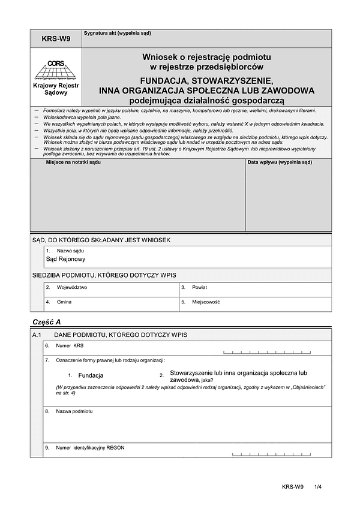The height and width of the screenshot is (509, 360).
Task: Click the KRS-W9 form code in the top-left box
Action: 56,39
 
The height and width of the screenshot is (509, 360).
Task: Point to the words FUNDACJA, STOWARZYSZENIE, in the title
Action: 206,80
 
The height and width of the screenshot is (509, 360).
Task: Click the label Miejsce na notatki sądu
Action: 73,162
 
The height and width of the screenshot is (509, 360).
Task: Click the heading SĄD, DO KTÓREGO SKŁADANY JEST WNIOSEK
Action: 101,240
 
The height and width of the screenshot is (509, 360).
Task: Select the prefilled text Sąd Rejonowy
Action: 66,259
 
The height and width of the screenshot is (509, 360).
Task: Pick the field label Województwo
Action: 72,287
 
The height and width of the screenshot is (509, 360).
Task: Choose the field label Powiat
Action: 200,287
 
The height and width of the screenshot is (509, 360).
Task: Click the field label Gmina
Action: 64,302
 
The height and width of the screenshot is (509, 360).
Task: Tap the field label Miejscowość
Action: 206,302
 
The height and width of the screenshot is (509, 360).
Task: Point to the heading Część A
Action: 46,322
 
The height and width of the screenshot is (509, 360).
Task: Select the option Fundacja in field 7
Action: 91,375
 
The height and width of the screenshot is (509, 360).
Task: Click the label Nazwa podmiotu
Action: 75,412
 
